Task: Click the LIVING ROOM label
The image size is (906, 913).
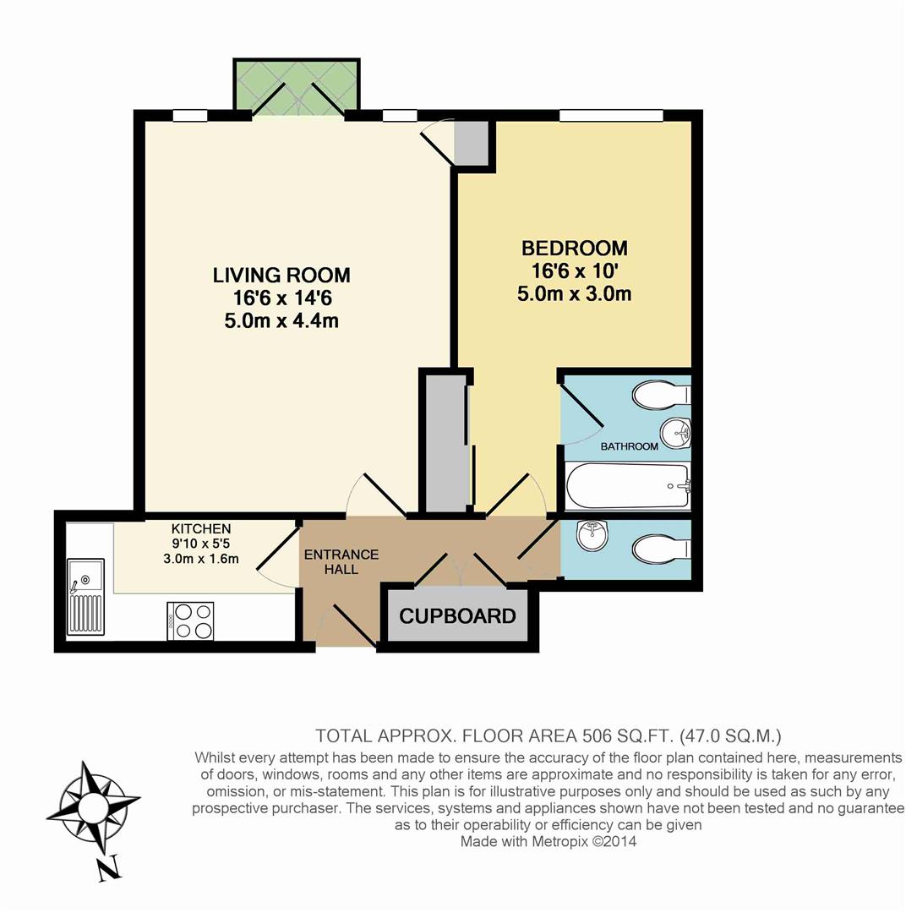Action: (x=281, y=275)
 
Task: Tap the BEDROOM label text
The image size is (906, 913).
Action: (x=575, y=249)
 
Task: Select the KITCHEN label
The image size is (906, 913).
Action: (x=200, y=528)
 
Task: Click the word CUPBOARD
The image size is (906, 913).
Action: (x=457, y=616)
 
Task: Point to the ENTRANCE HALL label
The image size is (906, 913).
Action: (x=341, y=562)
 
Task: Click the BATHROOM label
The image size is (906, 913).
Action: (x=629, y=446)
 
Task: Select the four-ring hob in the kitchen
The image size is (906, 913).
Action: (x=191, y=621)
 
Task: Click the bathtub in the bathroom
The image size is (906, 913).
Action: (x=627, y=485)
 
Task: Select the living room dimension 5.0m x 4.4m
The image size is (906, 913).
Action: (x=281, y=320)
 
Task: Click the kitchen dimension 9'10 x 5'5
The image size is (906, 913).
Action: (x=200, y=544)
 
